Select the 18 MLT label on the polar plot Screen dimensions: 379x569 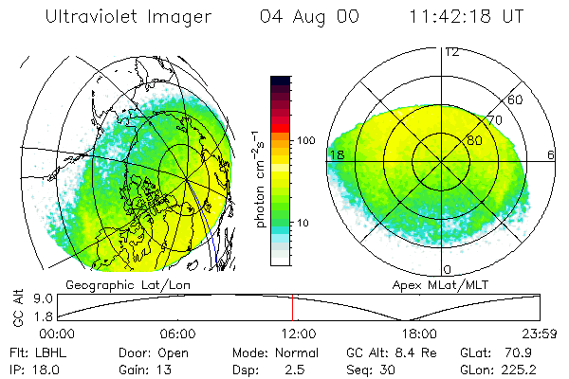(335, 155)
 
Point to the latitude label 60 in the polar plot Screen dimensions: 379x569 (516, 99)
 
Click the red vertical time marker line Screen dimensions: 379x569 (292, 307)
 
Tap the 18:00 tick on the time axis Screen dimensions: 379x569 (418, 334)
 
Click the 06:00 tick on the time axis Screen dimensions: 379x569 (177, 334)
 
